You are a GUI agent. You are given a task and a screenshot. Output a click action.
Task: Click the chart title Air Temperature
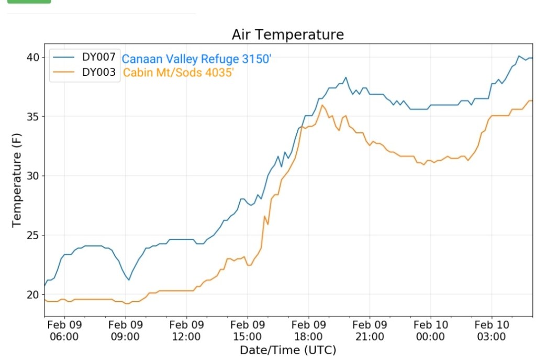(288, 35)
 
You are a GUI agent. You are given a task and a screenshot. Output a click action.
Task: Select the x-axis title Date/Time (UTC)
(288, 350)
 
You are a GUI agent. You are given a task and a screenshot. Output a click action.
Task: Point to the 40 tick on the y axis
(32, 57)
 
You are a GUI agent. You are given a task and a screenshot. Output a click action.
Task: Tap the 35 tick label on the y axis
(32, 116)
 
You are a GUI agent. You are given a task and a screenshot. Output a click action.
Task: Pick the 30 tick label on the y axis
(32, 176)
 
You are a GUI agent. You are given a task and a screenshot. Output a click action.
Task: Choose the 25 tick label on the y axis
(32, 235)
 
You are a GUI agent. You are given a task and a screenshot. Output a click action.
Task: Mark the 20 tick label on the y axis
(32, 295)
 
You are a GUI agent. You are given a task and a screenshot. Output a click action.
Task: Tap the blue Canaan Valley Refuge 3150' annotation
(197, 59)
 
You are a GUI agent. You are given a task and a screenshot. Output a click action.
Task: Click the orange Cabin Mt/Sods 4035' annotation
(178, 73)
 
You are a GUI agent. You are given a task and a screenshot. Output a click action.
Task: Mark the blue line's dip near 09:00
(128, 279)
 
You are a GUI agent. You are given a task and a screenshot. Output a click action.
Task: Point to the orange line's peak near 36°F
(322, 106)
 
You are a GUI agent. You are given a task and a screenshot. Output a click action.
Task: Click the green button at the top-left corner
(29, 2)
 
